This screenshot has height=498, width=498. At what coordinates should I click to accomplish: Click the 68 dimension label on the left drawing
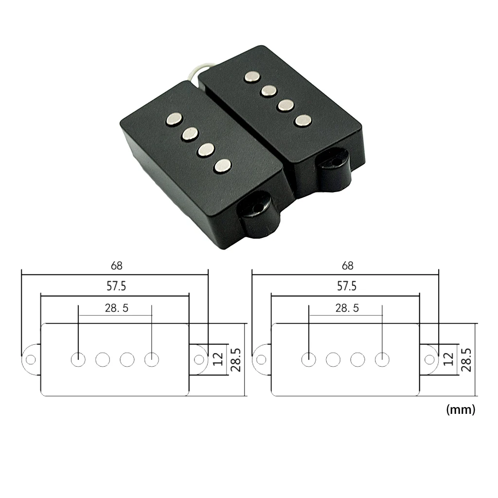point(117,266)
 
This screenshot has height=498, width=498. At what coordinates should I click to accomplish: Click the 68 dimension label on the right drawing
point(347,266)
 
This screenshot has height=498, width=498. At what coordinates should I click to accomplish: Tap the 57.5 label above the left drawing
point(116,286)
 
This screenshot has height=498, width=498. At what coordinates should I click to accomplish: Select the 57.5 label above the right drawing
point(347,286)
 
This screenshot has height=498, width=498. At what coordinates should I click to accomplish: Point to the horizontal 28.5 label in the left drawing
point(117,308)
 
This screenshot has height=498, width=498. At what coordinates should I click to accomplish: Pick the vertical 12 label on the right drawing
point(448,359)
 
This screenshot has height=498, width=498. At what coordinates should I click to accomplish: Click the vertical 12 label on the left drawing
point(218,359)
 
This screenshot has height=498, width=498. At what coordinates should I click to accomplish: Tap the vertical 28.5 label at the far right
point(466,360)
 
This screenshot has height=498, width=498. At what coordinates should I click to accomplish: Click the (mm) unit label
point(461,409)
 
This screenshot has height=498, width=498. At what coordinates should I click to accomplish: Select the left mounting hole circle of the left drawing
point(31,360)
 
